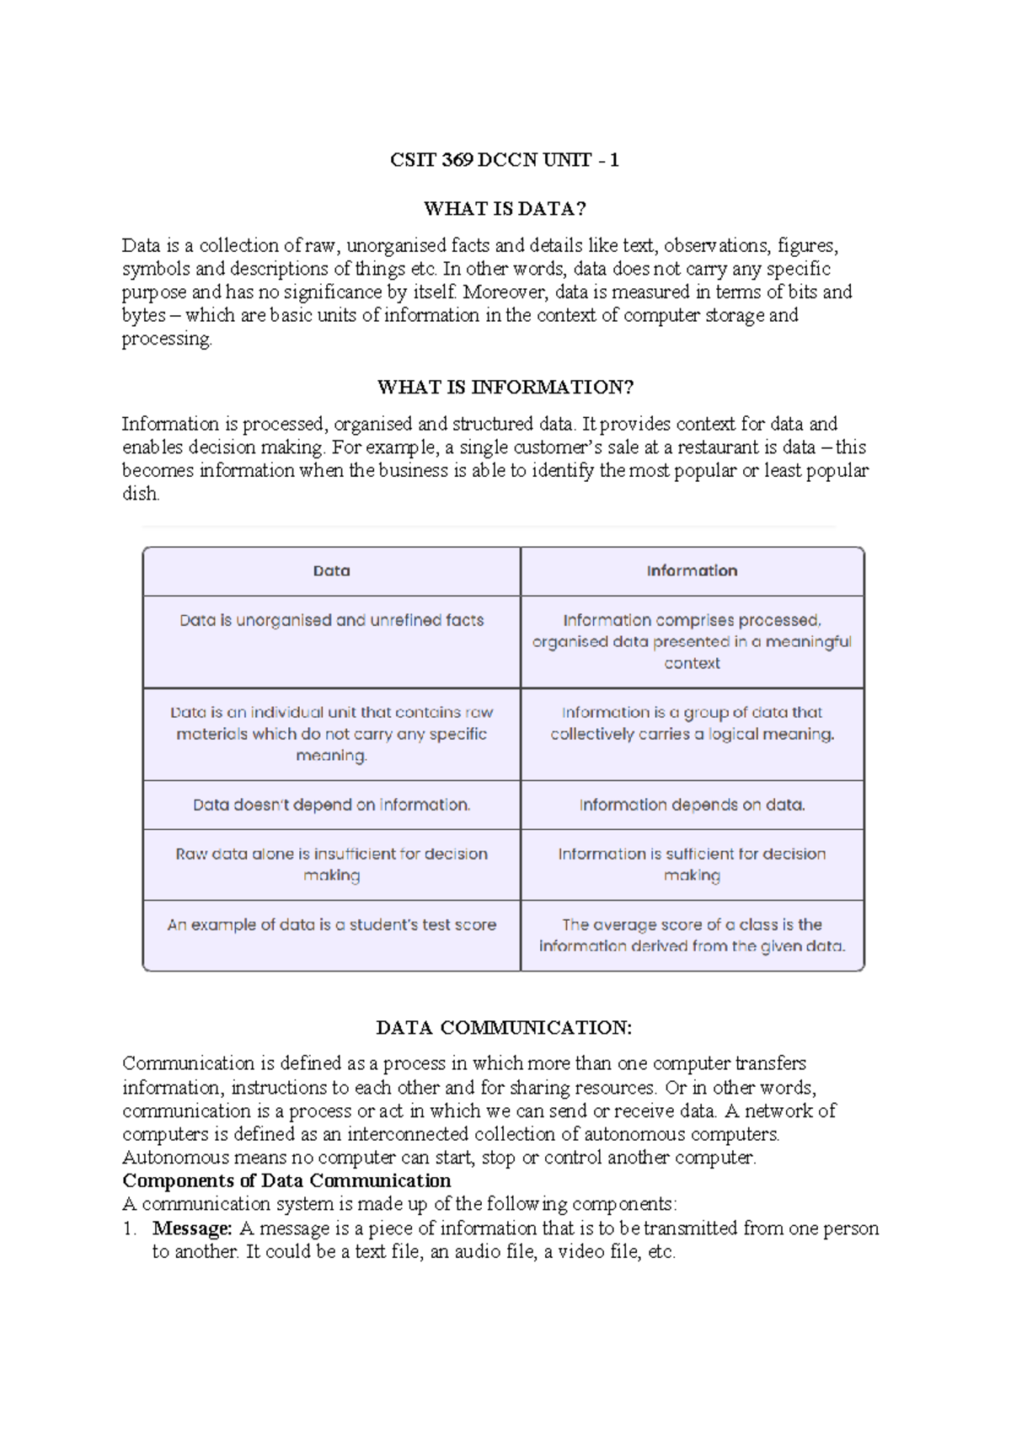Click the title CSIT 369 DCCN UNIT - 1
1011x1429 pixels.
[x=504, y=160]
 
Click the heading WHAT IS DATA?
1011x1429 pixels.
[x=504, y=208]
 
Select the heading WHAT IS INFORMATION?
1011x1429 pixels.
[x=505, y=387]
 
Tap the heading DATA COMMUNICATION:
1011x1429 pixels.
[x=504, y=1028]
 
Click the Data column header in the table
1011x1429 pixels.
[x=331, y=571]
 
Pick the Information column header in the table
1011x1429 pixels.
[x=692, y=571]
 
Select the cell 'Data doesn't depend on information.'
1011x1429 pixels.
[x=331, y=805]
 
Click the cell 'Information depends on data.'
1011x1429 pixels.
[x=692, y=805]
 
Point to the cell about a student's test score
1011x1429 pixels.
[x=331, y=925]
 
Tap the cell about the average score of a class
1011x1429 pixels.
[x=692, y=935]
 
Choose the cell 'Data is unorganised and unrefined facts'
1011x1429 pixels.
[x=331, y=621]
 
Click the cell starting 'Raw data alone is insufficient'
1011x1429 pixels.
[x=331, y=864]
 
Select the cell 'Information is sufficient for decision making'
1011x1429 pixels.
[x=692, y=864]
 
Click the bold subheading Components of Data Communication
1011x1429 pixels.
[x=286, y=1180]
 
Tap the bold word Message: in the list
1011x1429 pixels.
[x=192, y=1228]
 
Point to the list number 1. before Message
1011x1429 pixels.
[x=130, y=1228]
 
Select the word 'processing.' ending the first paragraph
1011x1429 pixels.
[x=167, y=339]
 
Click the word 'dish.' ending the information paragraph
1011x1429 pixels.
[x=141, y=495]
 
